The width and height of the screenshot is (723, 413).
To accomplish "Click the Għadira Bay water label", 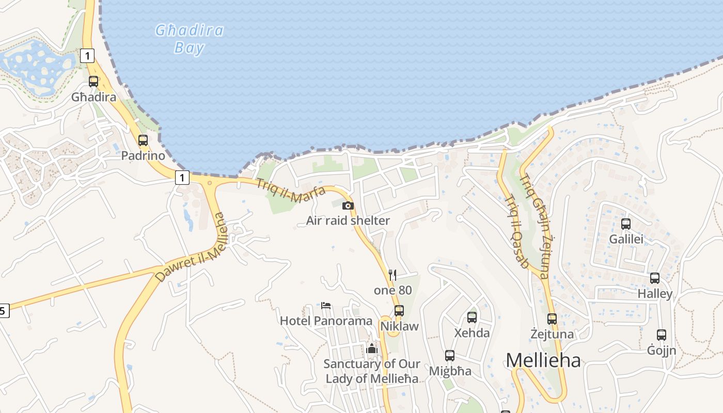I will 190,39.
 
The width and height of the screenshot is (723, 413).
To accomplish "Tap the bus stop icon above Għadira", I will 93,82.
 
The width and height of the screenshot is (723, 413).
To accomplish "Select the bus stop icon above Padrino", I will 143,140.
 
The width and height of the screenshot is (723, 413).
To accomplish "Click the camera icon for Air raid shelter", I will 348,205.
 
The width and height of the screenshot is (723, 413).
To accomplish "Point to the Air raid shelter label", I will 348,220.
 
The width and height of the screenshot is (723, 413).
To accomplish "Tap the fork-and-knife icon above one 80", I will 392,275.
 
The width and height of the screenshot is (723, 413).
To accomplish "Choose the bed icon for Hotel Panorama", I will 326,305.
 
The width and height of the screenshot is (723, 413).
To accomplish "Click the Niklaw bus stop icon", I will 399,310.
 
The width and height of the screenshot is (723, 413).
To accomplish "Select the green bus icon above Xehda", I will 472,317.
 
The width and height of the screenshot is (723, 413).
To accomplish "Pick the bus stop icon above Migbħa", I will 450,355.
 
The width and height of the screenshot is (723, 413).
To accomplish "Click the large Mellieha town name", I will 543,360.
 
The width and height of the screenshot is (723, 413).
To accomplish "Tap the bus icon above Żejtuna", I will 552,319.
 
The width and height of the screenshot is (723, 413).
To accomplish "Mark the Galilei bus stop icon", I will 626,224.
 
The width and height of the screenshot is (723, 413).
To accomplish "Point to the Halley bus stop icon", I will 655,278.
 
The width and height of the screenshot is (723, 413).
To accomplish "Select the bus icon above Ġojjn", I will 662,335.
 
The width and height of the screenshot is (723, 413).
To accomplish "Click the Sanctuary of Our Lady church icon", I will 372,348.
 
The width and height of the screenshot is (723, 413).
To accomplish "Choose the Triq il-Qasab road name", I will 516,231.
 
